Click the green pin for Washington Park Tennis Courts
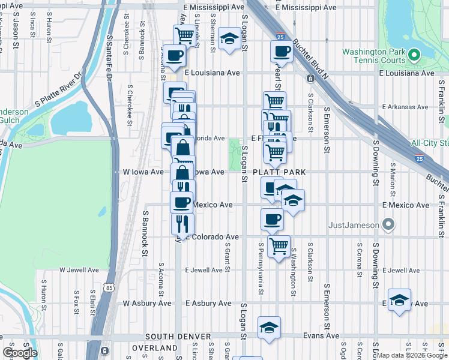[414, 56]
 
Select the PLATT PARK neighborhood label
[279, 172]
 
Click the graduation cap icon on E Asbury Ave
[399, 299]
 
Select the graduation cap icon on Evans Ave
[269, 328]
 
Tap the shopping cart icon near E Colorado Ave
[279, 245]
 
